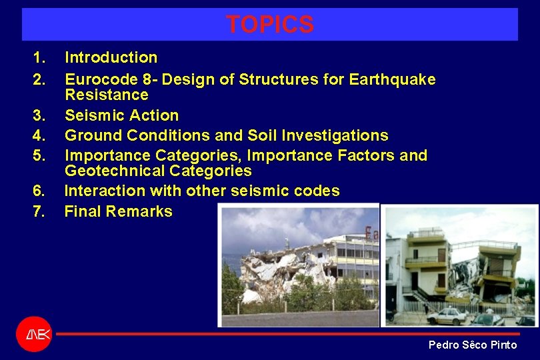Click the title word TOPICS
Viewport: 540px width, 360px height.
[269, 25]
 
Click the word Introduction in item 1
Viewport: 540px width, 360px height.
[111, 58]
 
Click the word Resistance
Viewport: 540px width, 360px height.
[106, 95]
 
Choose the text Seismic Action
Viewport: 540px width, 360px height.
[121, 115]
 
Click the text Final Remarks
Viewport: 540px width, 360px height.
[118, 212]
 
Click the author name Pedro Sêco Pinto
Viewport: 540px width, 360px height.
[472, 345]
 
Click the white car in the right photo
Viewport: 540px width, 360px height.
[447, 316]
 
